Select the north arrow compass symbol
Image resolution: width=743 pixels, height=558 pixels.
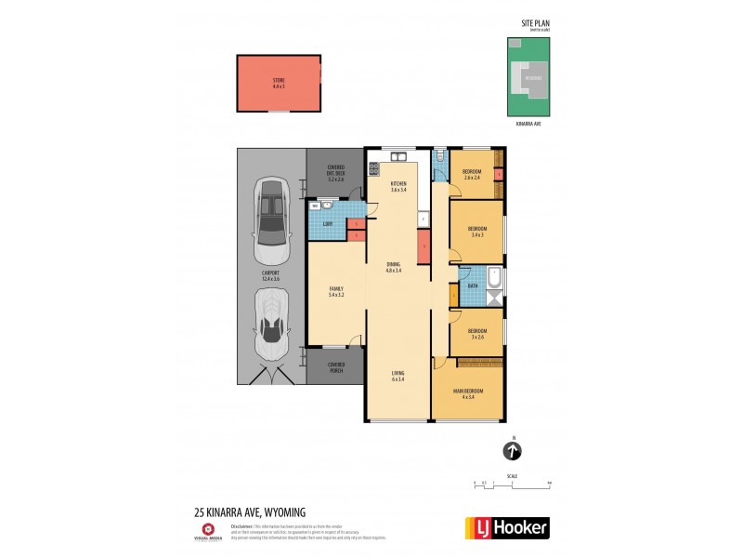tap(512, 452)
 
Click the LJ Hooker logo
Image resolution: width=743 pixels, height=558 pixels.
tap(506, 527)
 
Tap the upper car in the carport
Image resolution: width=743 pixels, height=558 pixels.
tap(271, 224)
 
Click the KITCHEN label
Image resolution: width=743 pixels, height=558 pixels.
tap(398, 187)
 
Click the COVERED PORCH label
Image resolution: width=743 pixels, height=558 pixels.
tap(335, 367)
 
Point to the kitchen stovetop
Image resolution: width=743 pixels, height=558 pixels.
tap(374, 169)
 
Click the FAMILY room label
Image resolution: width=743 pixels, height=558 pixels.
tap(336, 292)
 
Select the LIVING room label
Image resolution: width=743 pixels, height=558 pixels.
tap(398, 377)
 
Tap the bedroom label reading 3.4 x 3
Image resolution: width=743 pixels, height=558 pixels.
tap(477, 231)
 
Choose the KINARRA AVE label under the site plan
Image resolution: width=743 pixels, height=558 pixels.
tap(528, 123)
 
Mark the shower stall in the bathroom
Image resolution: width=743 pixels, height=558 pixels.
tap(494, 299)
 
